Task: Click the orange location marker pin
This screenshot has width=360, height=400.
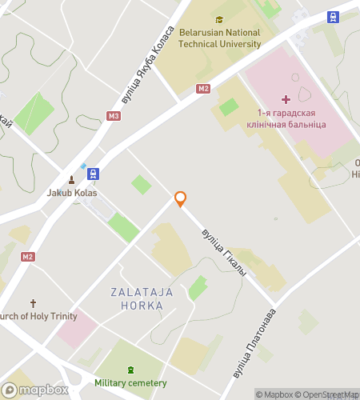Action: (x=181, y=199)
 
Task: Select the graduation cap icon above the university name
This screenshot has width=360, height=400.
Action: (x=219, y=20)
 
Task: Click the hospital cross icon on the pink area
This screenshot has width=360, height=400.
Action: (x=286, y=98)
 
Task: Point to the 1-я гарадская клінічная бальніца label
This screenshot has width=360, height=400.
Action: (x=291, y=120)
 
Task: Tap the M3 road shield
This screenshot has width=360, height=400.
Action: (x=114, y=116)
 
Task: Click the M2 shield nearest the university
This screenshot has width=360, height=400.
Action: (x=202, y=89)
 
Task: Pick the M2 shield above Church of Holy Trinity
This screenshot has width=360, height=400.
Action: (x=29, y=257)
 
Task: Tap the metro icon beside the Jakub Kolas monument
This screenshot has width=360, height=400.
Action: (x=94, y=173)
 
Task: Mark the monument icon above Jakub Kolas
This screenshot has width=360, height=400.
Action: (x=71, y=178)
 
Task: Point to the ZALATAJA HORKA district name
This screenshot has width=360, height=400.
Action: (x=142, y=299)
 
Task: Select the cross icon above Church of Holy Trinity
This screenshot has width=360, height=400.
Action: (x=33, y=303)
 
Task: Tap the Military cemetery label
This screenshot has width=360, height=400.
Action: (x=130, y=383)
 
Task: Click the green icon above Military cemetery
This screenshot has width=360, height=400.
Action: (x=130, y=370)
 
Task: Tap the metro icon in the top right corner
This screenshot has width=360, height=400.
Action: (x=332, y=16)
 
